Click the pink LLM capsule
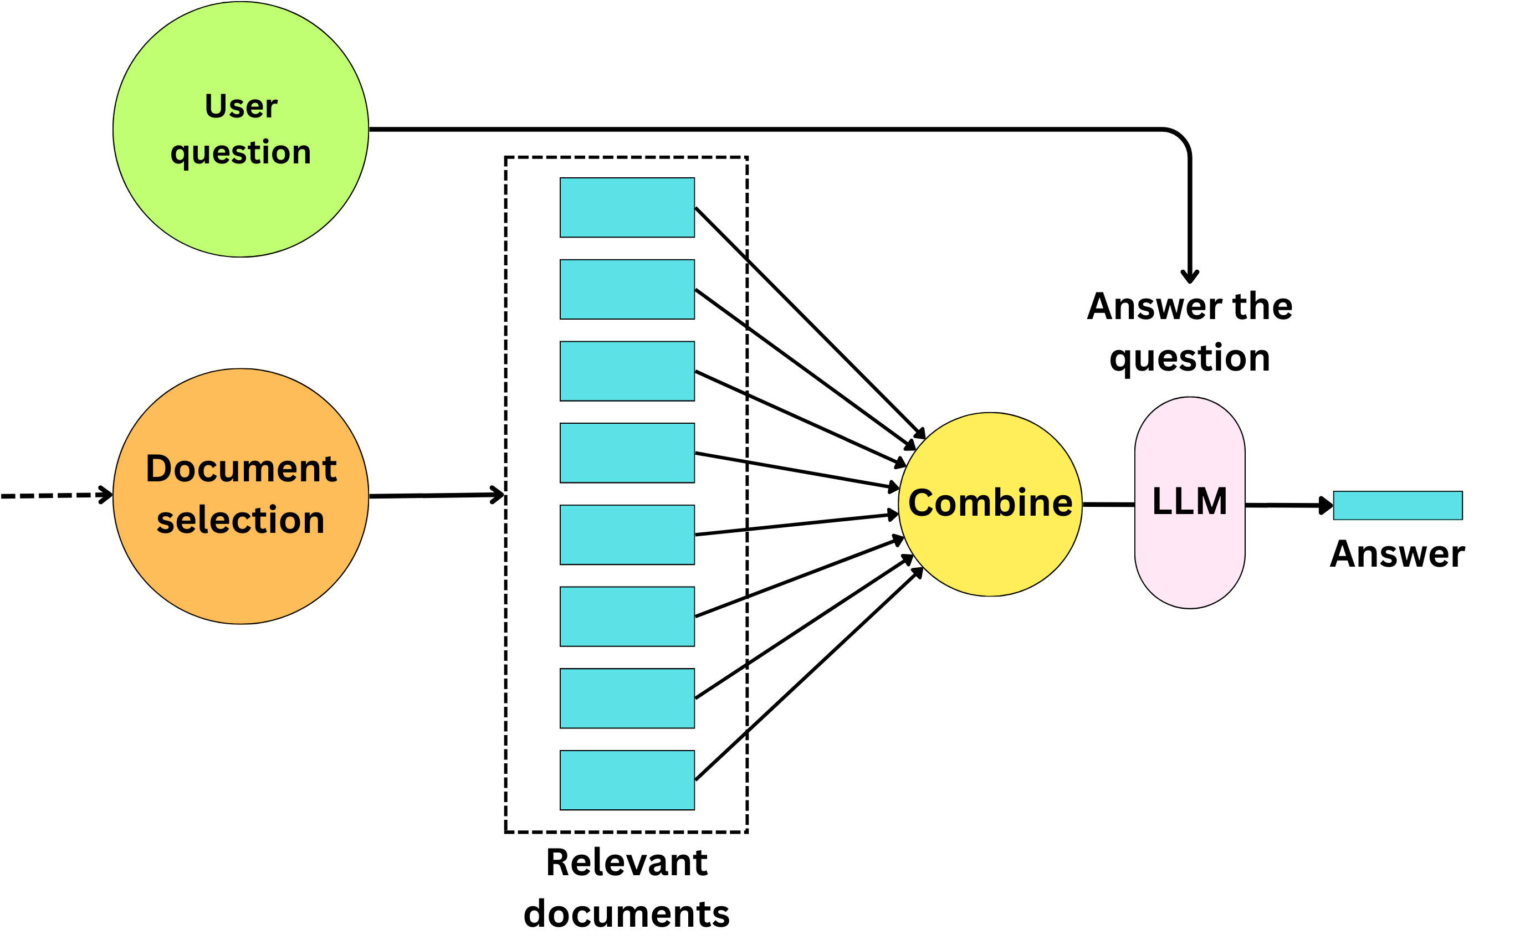(x=1189, y=550)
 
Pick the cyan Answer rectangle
(x=1398, y=505)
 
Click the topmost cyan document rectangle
(x=627, y=208)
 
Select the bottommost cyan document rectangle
(x=627, y=780)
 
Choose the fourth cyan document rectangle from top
(x=627, y=453)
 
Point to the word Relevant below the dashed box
(x=627, y=863)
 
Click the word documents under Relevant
(x=627, y=914)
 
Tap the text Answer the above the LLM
(x=1189, y=306)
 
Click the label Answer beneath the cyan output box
(x=1397, y=554)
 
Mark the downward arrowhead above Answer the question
(x=1189, y=276)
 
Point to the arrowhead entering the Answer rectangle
(x=1326, y=505)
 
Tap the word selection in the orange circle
(x=240, y=520)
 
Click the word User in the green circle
(x=240, y=106)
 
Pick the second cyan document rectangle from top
(x=627, y=289)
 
